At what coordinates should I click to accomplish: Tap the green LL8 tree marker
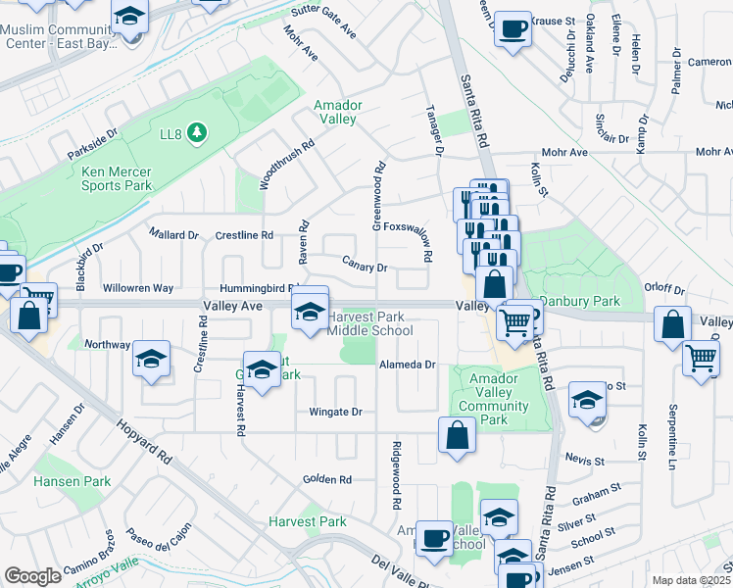(x=197, y=131)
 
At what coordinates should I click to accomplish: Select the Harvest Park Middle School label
(x=369, y=324)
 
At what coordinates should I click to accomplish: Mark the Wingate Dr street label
(x=336, y=412)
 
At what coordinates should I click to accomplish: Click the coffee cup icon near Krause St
(x=512, y=27)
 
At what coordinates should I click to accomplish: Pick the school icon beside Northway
(x=152, y=359)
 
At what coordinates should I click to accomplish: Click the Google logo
(x=32, y=576)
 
